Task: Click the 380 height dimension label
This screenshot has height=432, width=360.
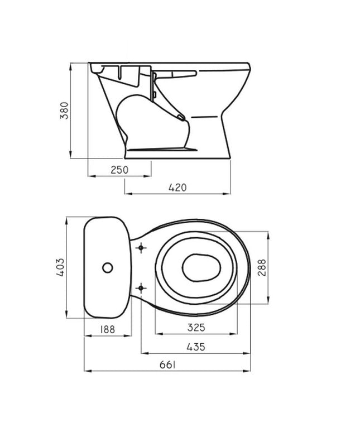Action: point(64,111)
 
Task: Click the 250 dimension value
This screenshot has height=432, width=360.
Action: point(119,170)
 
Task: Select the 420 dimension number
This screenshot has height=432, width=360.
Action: point(177,188)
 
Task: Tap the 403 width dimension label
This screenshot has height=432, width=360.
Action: point(60,267)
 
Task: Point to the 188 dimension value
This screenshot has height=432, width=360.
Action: point(107,329)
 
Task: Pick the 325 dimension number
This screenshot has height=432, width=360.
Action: point(196,328)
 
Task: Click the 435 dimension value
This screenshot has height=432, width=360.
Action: point(196,347)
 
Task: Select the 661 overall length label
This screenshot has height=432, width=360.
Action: point(167,365)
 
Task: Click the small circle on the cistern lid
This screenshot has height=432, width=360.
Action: point(107,267)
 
